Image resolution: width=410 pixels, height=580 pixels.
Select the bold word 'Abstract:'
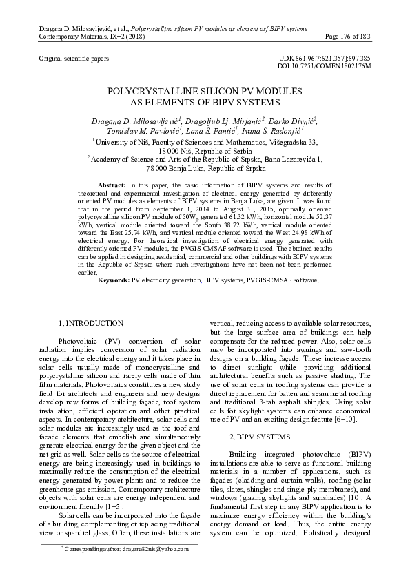tap(112, 186)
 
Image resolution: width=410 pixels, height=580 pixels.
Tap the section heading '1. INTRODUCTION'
tap(92, 323)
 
